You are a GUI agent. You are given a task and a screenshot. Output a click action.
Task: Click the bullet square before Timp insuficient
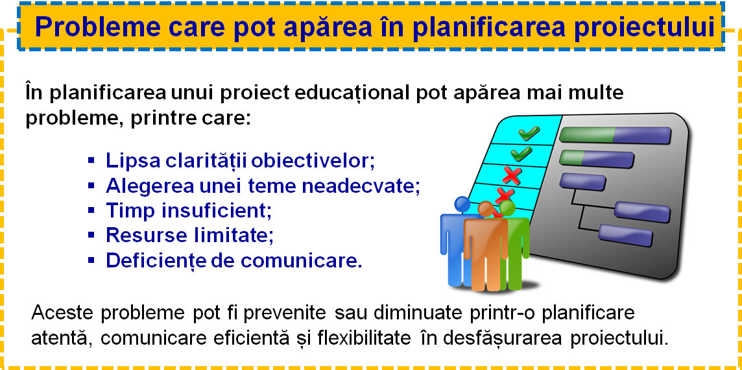point(91,209)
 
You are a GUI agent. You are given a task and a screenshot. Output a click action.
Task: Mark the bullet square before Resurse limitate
point(91,234)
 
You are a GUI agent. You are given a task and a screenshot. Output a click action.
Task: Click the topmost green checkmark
point(529,133)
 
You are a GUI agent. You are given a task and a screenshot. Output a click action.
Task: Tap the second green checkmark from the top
point(521,153)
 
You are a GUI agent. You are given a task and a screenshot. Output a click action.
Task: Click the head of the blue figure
point(462,204)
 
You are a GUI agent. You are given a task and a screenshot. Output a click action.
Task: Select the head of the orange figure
point(486,209)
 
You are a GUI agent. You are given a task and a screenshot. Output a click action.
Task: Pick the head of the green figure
point(507,208)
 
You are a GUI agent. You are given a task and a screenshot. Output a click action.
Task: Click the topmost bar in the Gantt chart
point(615,135)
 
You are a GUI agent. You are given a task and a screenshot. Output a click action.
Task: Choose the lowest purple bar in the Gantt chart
point(626,235)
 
